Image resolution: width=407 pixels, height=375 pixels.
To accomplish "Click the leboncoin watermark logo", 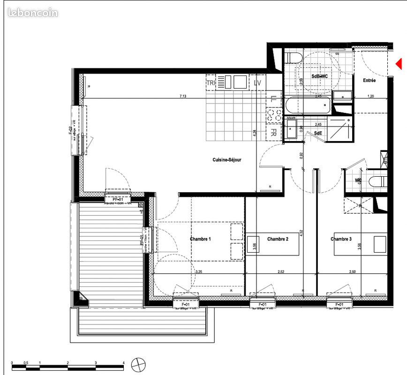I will (33, 13).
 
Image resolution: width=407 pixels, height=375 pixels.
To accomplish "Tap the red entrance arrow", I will (399, 64).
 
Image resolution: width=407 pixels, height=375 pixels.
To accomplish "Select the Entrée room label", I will (369, 81).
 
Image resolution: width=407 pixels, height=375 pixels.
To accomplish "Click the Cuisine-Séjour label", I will (227, 160).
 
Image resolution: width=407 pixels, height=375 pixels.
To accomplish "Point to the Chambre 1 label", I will (200, 239).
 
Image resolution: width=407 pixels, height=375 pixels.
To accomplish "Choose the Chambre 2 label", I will (278, 239).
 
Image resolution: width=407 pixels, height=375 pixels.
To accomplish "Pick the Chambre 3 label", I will (341, 239).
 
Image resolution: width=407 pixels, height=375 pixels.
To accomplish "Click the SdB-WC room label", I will (319, 76).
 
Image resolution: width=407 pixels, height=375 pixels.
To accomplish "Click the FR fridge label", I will (273, 133).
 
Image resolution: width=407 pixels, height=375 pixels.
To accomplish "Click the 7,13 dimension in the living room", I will (183, 96).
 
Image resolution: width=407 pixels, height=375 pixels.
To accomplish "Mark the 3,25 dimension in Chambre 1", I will (199, 271).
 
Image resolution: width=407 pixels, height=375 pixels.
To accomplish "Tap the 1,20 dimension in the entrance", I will (370, 96).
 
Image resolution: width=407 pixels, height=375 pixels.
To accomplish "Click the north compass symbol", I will (139, 364).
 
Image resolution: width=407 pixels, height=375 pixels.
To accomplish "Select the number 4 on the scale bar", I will (123, 363).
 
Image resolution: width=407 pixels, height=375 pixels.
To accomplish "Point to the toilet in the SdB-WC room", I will (294, 58).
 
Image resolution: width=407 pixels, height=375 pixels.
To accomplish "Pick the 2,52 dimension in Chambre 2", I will (281, 271).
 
